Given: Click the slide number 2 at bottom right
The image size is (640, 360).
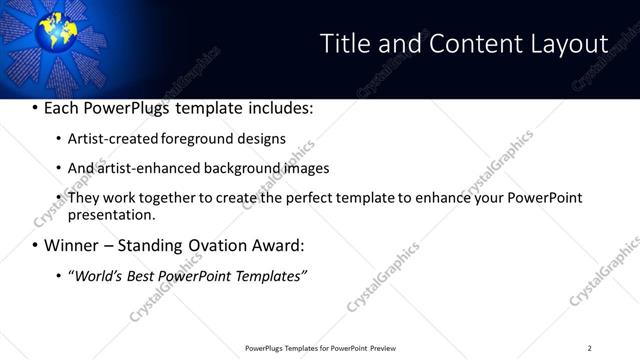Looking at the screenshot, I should coord(589,348).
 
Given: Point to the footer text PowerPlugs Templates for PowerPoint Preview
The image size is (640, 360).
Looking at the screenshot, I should coord(321,348).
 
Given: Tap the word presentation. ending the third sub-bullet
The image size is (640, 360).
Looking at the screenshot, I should coord(111,214).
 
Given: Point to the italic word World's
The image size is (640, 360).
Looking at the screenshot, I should coord(95,275).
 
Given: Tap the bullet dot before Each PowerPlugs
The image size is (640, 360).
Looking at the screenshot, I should coord(35,108).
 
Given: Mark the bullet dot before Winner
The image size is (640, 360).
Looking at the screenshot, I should coord(35,246).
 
